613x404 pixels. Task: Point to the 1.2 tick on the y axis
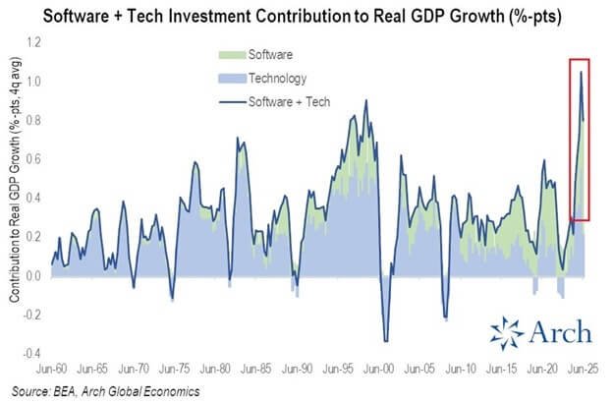pyautogui.click(x=31, y=43)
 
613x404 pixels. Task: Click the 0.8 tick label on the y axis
pyautogui.click(x=31, y=121)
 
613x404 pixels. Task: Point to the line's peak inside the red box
pyautogui.click(x=581, y=72)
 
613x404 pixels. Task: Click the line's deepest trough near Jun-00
pyautogui.click(x=385, y=341)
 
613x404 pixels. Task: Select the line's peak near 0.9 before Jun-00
pyautogui.click(x=366, y=100)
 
